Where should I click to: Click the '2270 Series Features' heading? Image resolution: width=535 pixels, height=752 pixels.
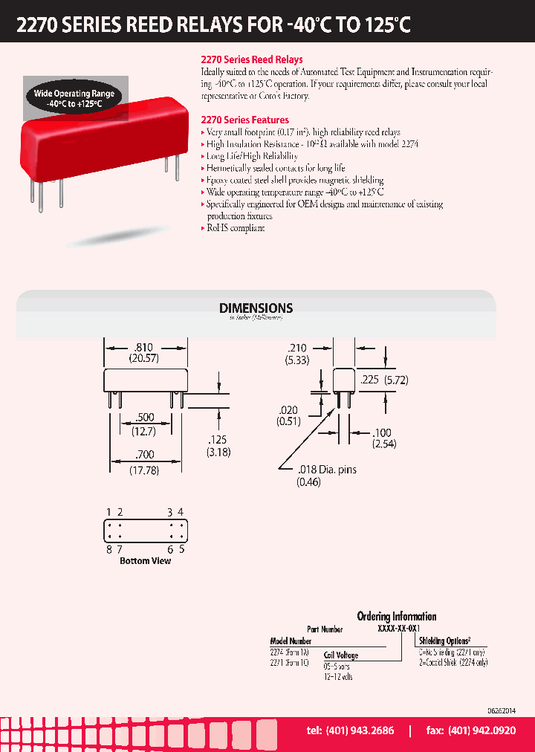coord(245,120)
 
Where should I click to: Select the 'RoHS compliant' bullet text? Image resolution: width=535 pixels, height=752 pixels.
coord(236,228)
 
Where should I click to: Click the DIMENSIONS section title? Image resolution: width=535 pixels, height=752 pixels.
coord(256,308)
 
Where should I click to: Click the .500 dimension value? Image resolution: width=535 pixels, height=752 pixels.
coord(146,418)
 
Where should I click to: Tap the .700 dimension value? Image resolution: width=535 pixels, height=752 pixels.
coord(146,458)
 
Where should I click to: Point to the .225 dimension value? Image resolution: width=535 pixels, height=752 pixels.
coord(374,379)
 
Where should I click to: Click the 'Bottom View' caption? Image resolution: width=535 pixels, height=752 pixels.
coord(145,561)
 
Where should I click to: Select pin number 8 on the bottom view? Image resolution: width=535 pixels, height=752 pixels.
coord(108,550)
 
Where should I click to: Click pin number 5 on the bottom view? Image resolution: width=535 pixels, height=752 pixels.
coord(181,550)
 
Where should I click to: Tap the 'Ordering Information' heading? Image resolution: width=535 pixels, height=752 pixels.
coord(397,616)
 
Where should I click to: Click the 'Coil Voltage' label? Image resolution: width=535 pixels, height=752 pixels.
coord(340,655)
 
